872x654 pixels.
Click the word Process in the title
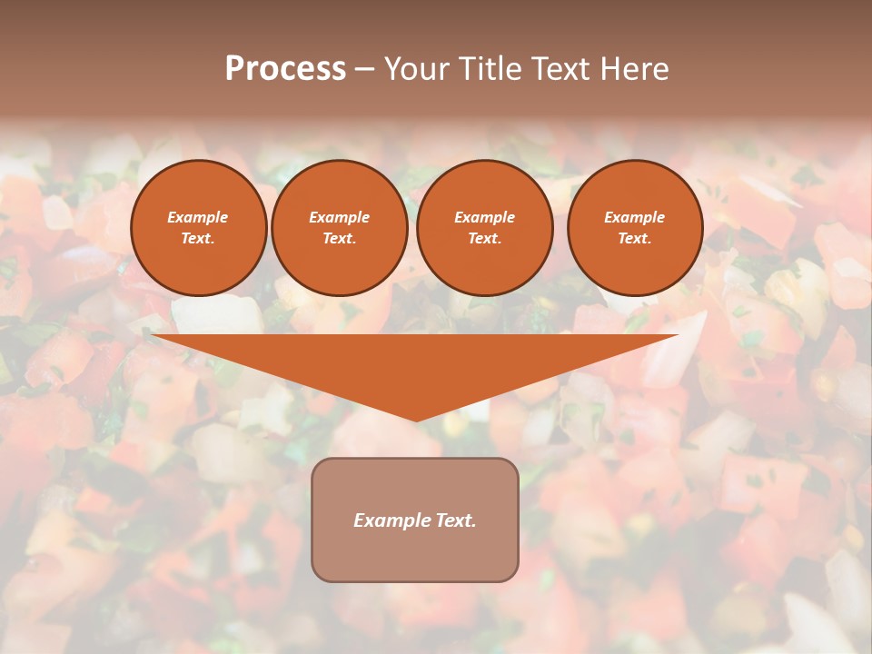tap(285, 69)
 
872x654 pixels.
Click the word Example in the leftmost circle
tap(198, 217)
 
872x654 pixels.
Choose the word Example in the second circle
tap(340, 217)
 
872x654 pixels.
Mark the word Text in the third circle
tap(483, 238)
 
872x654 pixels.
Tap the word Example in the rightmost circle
tap(635, 217)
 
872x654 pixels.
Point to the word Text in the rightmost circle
tap(633, 238)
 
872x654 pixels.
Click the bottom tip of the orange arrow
tap(416, 419)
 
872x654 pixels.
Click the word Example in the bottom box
tap(391, 520)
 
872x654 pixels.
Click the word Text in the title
tap(560, 69)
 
